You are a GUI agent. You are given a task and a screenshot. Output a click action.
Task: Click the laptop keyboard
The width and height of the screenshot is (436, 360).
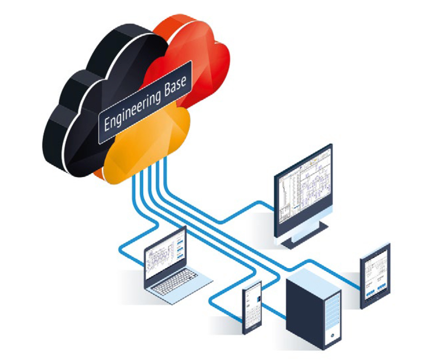point(176,282)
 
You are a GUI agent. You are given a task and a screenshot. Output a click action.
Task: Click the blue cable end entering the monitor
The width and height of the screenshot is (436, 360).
point(272,208)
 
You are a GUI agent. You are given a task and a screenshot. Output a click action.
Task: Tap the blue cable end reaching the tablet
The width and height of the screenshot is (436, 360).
point(360,287)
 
